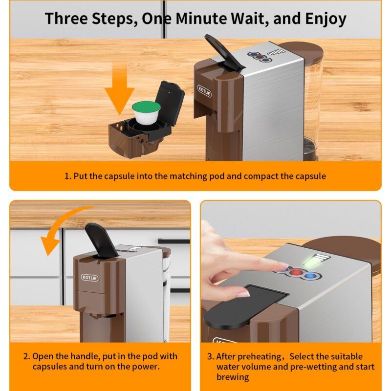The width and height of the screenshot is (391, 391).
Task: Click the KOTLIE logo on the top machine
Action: coord(204,91)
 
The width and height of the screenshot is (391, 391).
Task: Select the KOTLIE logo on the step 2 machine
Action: coord(89,278)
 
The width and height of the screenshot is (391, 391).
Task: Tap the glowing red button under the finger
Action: coord(297,272)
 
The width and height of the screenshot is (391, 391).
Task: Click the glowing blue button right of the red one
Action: coord(310,276)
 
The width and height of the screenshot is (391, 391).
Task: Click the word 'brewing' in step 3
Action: coord(233,377)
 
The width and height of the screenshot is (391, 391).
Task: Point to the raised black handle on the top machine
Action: coord(223,52)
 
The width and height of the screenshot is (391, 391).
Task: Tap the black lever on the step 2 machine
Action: coord(102,240)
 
